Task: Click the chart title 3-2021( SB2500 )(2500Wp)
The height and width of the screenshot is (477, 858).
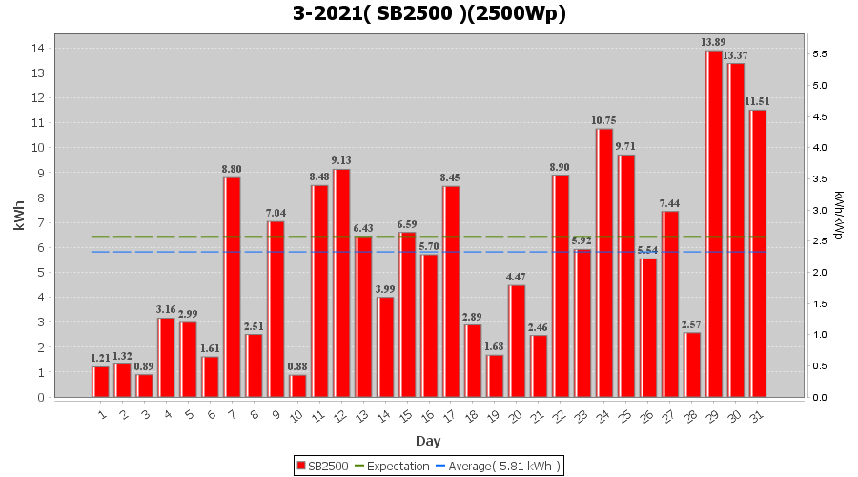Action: coord(429,14)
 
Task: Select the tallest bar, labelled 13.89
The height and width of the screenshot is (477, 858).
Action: coord(714,224)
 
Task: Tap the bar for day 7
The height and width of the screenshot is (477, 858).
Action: coord(232,287)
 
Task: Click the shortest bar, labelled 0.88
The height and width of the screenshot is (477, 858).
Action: coord(297,385)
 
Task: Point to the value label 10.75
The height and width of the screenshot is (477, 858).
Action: coord(603,121)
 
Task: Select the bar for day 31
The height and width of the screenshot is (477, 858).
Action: coord(758,254)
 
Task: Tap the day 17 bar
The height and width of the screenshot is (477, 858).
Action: coord(451,292)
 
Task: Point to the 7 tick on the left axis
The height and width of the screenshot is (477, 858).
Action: coord(42,222)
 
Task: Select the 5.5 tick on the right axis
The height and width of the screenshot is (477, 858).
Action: coord(819,54)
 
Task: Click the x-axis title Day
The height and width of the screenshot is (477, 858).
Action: coord(428,441)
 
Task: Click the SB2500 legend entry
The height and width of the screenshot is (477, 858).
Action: coord(323,466)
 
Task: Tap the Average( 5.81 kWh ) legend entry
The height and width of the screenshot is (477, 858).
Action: coord(498,466)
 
